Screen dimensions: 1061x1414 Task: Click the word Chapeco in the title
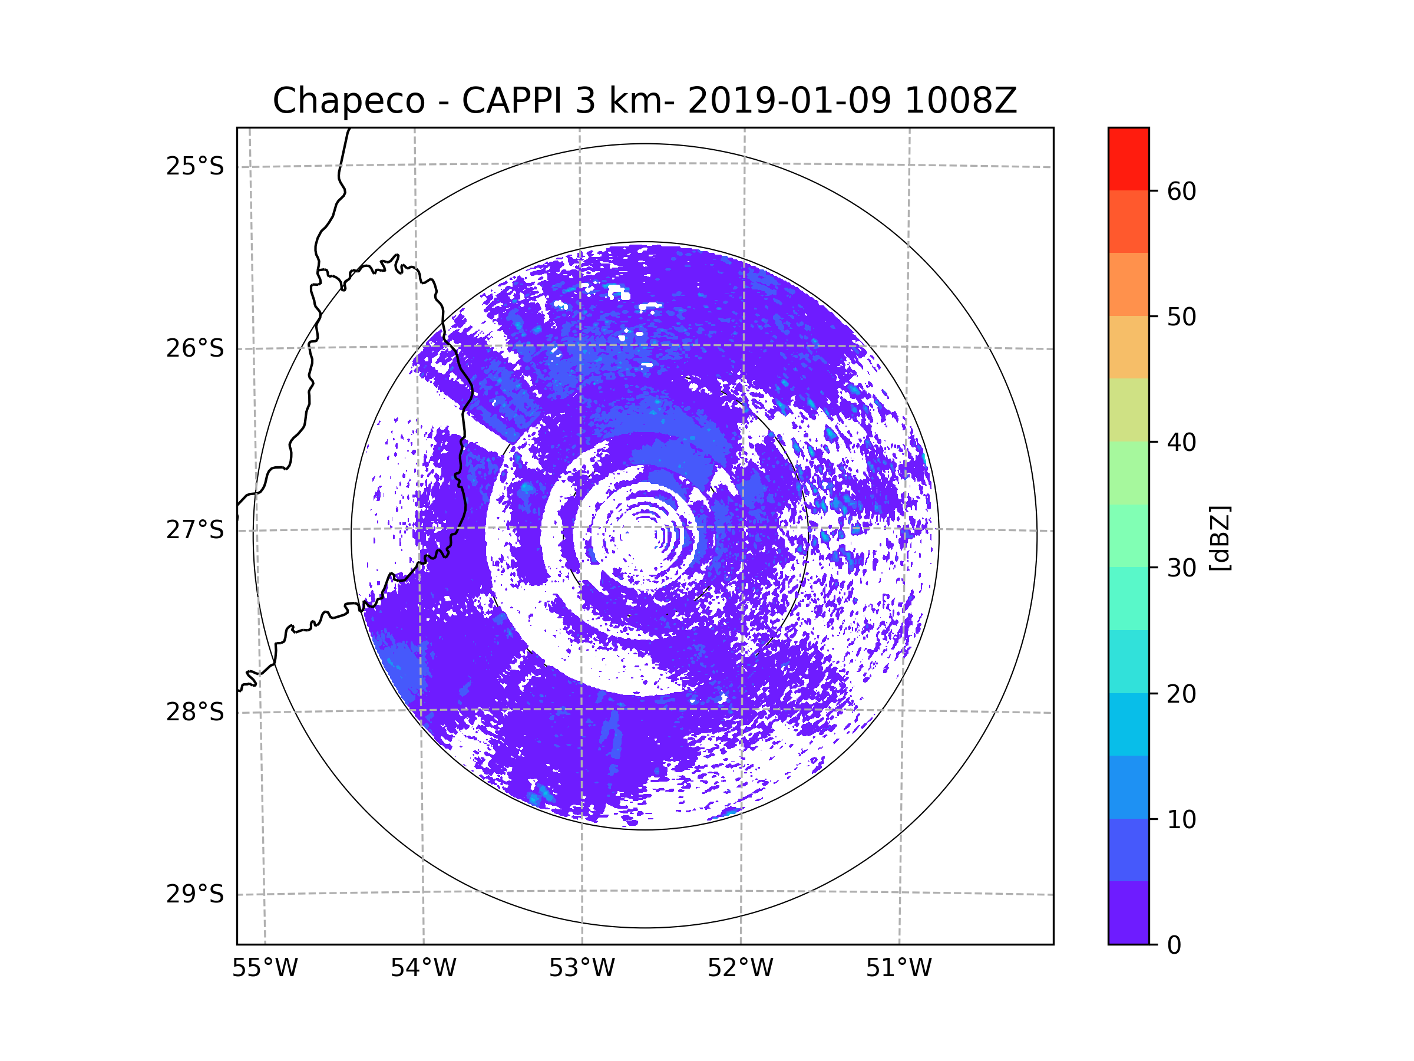(348, 101)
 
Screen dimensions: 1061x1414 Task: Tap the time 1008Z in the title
(960, 101)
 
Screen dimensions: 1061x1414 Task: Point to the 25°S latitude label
(195, 166)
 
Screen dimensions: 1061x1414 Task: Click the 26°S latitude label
(195, 348)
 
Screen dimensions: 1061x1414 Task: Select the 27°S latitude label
(195, 530)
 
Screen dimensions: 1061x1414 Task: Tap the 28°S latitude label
(195, 712)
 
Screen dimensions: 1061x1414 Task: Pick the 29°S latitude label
(195, 894)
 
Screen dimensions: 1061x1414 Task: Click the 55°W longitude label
(265, 968)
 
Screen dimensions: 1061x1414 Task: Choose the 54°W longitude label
(423, 968)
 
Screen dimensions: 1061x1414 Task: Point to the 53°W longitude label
(582, 968)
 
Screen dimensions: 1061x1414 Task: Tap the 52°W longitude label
(740, 968)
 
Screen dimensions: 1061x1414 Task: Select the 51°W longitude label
(898, 968)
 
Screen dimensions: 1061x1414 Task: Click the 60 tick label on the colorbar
(1181, 191)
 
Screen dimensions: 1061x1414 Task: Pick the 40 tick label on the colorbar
(1181, 442)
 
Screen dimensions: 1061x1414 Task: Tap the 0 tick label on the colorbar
(1174, 945)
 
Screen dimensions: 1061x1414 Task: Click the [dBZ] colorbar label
(1220, 538)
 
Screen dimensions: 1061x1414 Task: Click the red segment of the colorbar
(1128, 159)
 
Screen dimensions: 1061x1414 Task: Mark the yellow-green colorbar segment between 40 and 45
(1128, 410)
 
